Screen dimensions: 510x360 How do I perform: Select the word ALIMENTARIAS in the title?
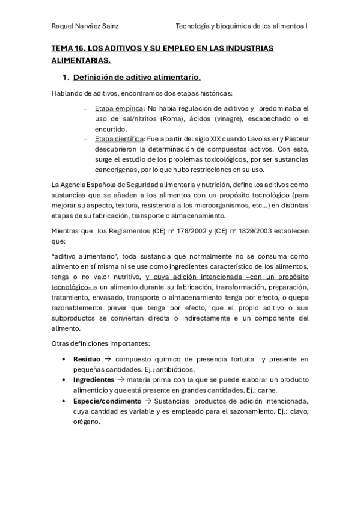81,60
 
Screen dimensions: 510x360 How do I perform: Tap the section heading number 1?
66,78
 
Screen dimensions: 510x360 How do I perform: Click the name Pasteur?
296,139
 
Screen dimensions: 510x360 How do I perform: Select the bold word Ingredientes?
93,380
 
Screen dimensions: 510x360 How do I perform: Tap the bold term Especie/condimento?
107,401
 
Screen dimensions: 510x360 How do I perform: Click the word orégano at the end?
87,421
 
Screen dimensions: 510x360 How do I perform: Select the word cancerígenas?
116,170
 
